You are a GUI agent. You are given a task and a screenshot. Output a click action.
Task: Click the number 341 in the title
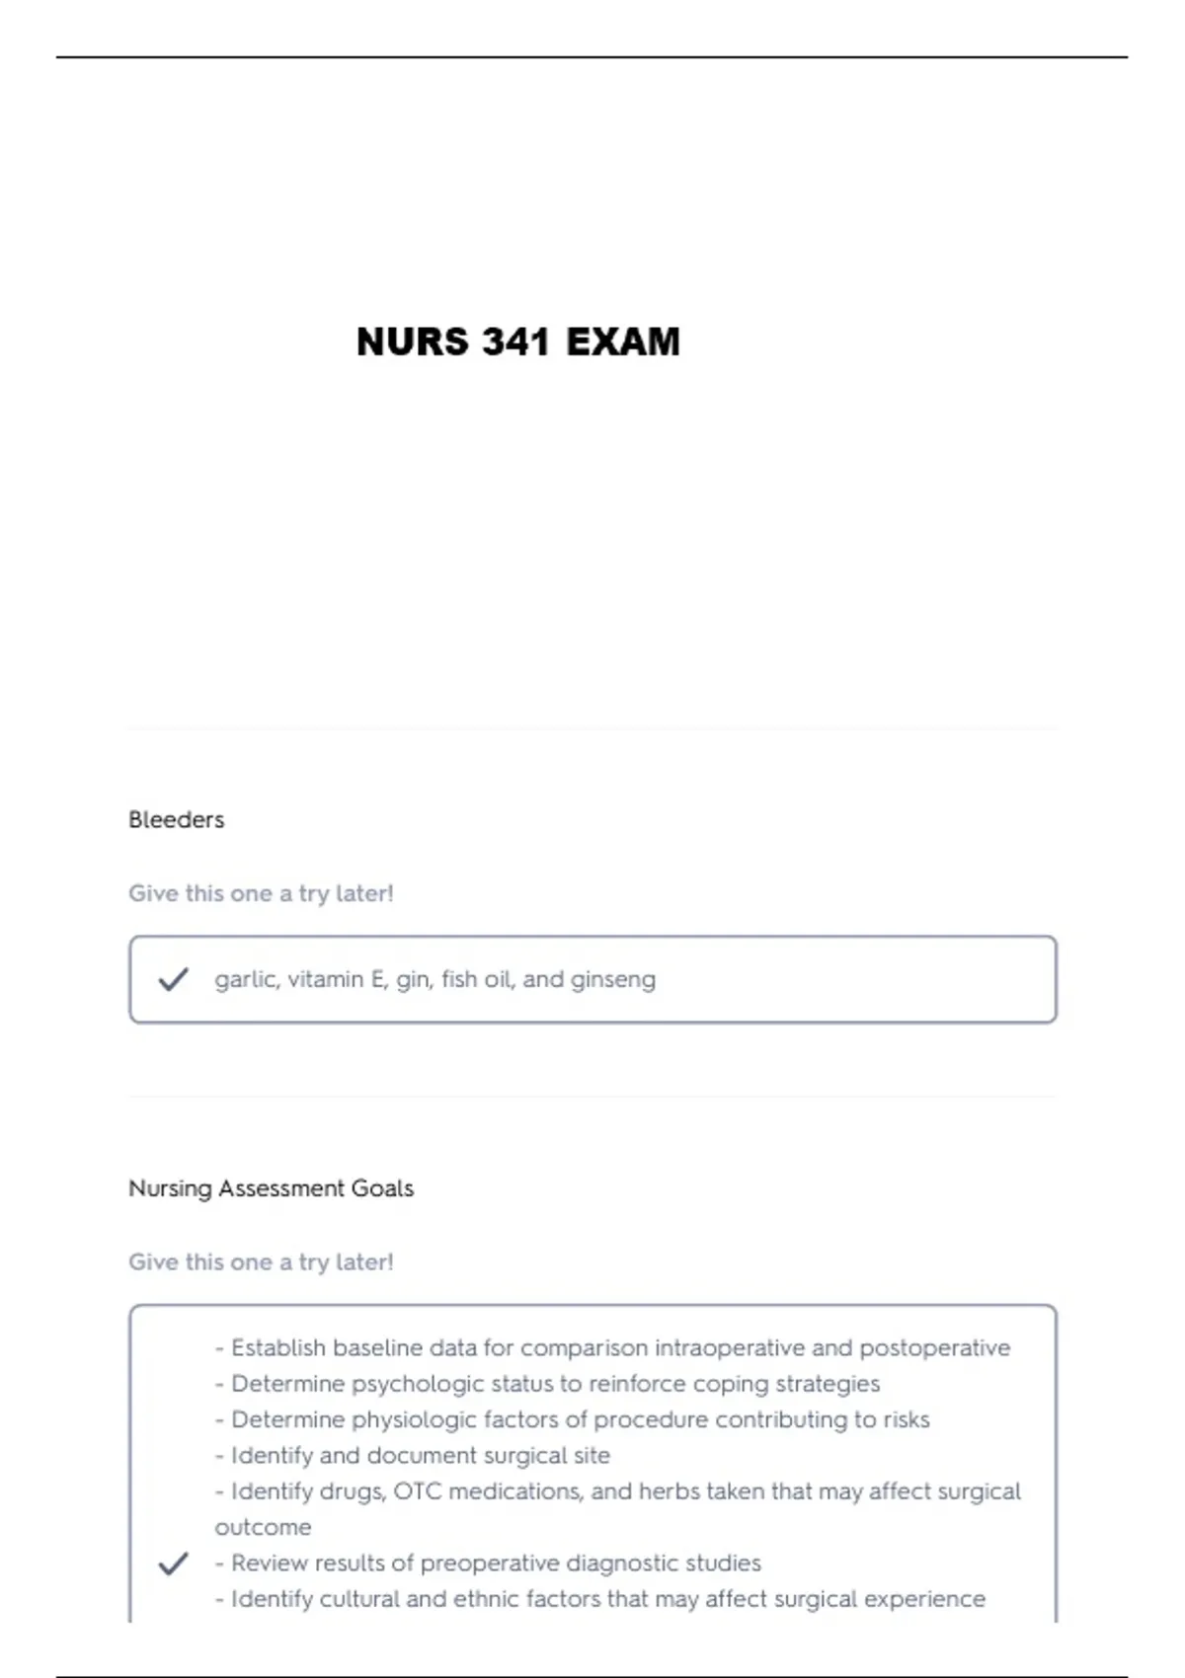(x=515, y=342)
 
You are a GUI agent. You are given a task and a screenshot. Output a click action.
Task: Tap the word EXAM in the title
(x=623, y=342)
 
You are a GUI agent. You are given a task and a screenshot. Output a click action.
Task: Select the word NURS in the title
(x=412, y=342)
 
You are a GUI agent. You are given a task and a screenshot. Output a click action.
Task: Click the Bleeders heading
(x=176, y=819)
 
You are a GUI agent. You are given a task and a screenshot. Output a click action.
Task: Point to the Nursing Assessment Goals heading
(x=271, y=1187)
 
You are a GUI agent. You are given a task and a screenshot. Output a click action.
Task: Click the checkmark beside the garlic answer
(x=173, y=979)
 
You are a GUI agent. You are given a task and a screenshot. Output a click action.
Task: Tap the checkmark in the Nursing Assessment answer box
(x=173, y=1564)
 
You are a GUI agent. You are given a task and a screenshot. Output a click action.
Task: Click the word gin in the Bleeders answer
(x=413, y=979)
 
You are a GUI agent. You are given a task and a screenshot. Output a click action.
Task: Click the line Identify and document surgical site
(x=420, y=1455)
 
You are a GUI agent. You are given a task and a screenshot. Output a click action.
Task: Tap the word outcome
(x=263, y=1527)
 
